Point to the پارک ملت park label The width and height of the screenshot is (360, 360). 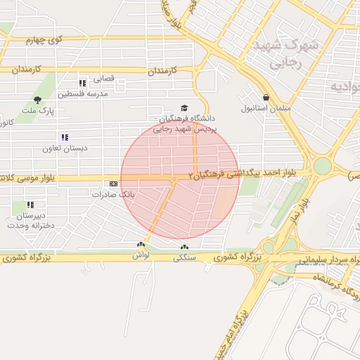[37, 111]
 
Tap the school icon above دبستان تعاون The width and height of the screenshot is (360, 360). [65, 137]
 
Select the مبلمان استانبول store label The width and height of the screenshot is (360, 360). [266, 109]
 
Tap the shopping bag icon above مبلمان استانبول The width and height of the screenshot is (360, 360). [266, 97]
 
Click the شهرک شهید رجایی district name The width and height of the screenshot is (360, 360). [285, 53]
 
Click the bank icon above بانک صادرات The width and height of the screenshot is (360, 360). [112, 183]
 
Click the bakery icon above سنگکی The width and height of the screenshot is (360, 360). [185, 247]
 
